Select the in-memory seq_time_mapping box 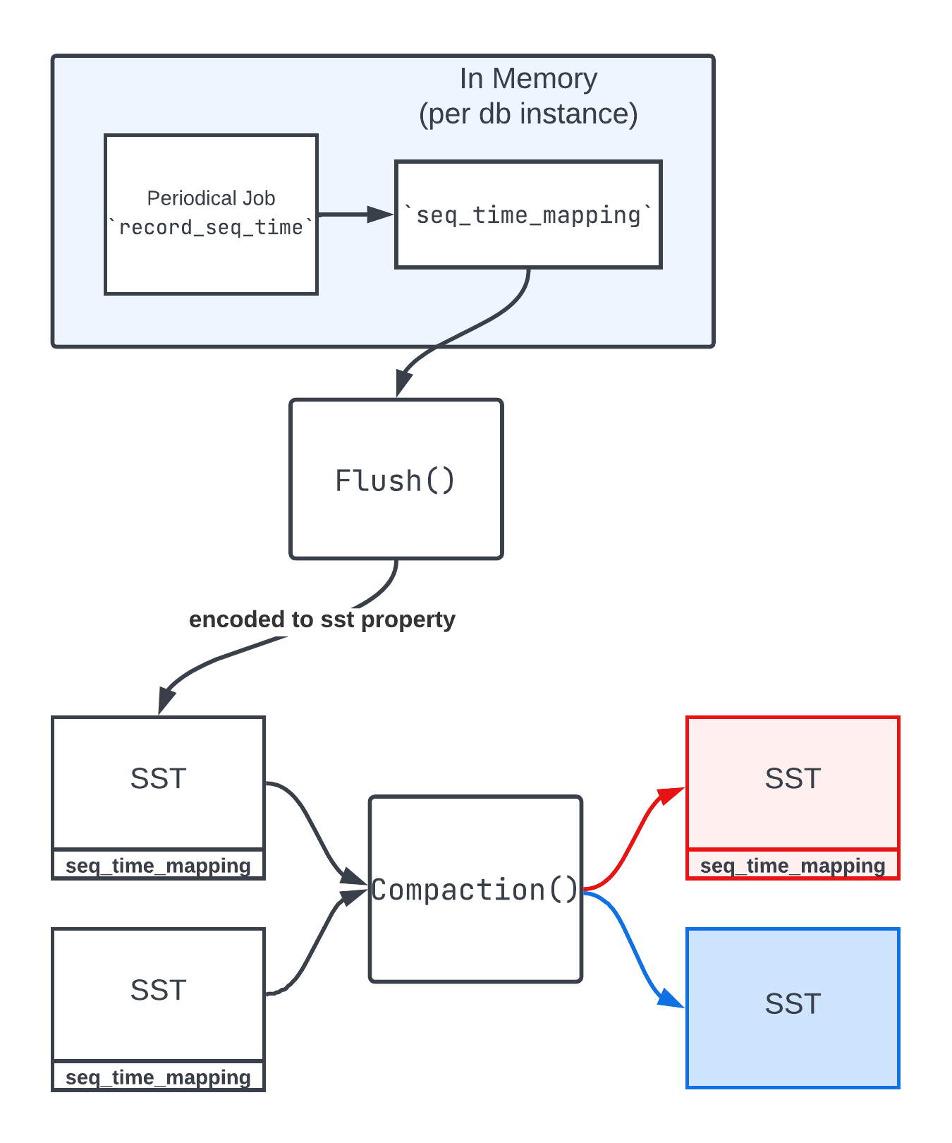point(528,214)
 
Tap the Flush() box point(396,479)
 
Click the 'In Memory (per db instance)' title point(528,96)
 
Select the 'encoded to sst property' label point(322,619)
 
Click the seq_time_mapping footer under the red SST point(793,866)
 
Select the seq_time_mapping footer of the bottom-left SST point(158,1077)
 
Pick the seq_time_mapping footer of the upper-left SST point(158,866)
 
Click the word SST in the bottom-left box point(158,991)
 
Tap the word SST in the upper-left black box point(158,779)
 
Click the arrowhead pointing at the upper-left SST point(166,700)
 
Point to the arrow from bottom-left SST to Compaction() point(310,945)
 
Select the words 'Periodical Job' point(211,198)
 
